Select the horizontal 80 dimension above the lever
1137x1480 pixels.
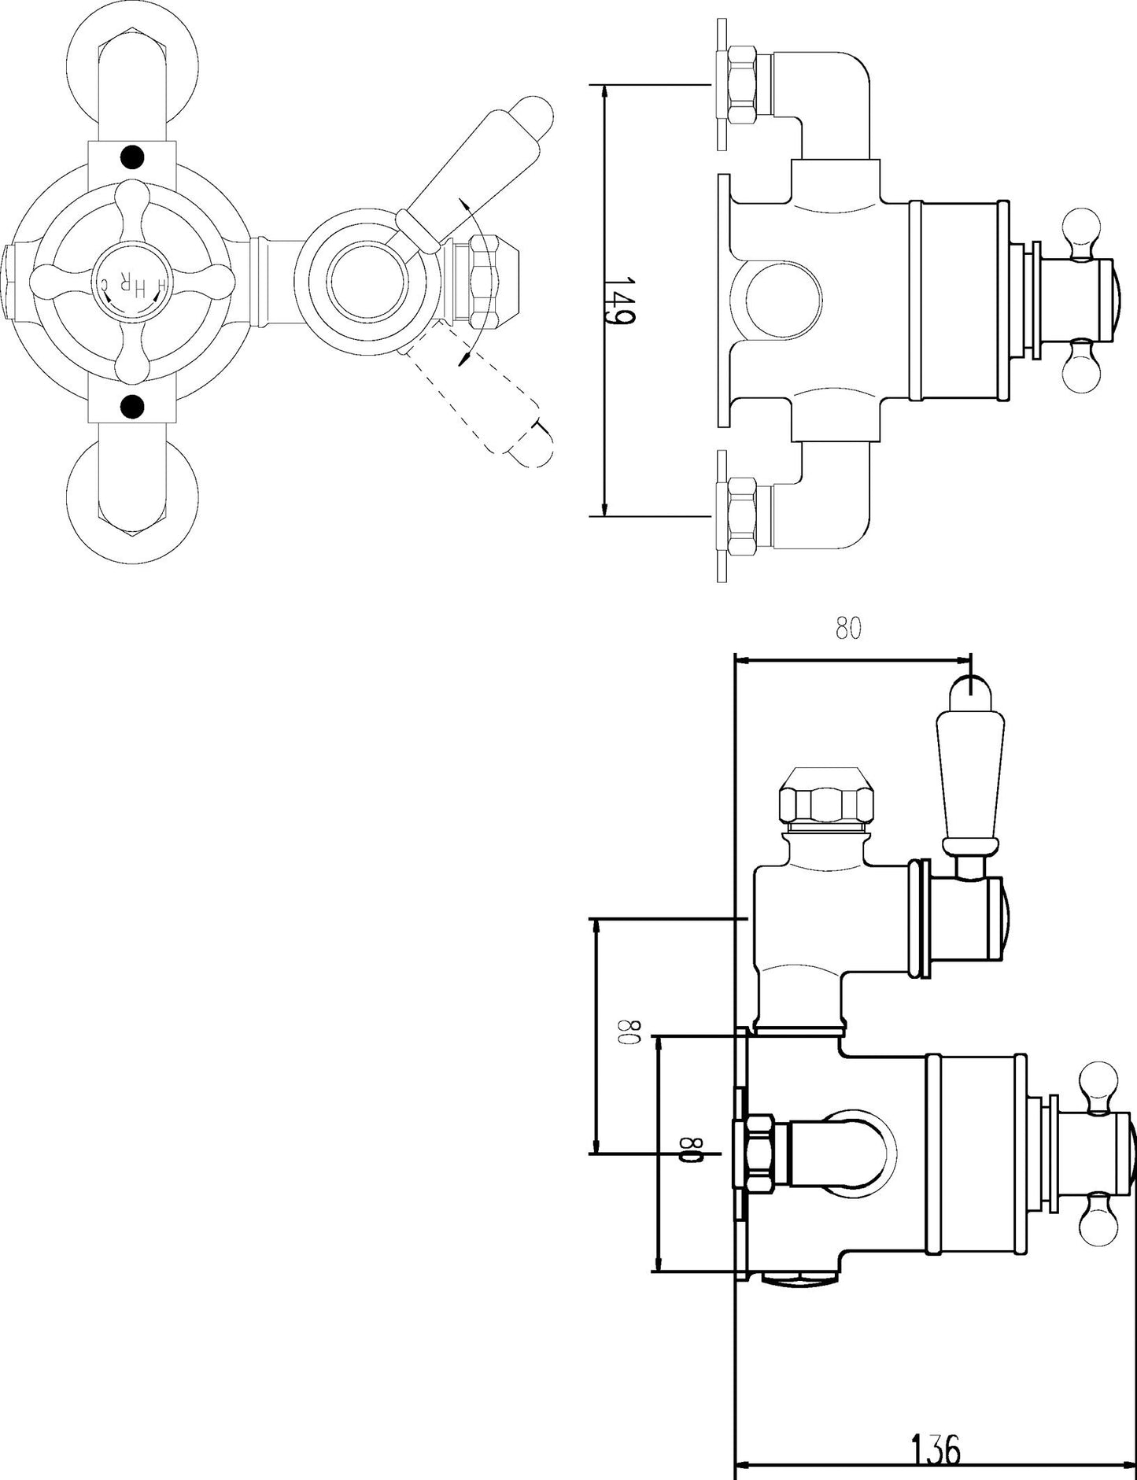coord(848,629)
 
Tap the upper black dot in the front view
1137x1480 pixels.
coord(133,157)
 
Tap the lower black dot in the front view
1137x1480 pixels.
coord(133,406)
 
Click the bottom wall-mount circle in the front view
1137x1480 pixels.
coord(133,504)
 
